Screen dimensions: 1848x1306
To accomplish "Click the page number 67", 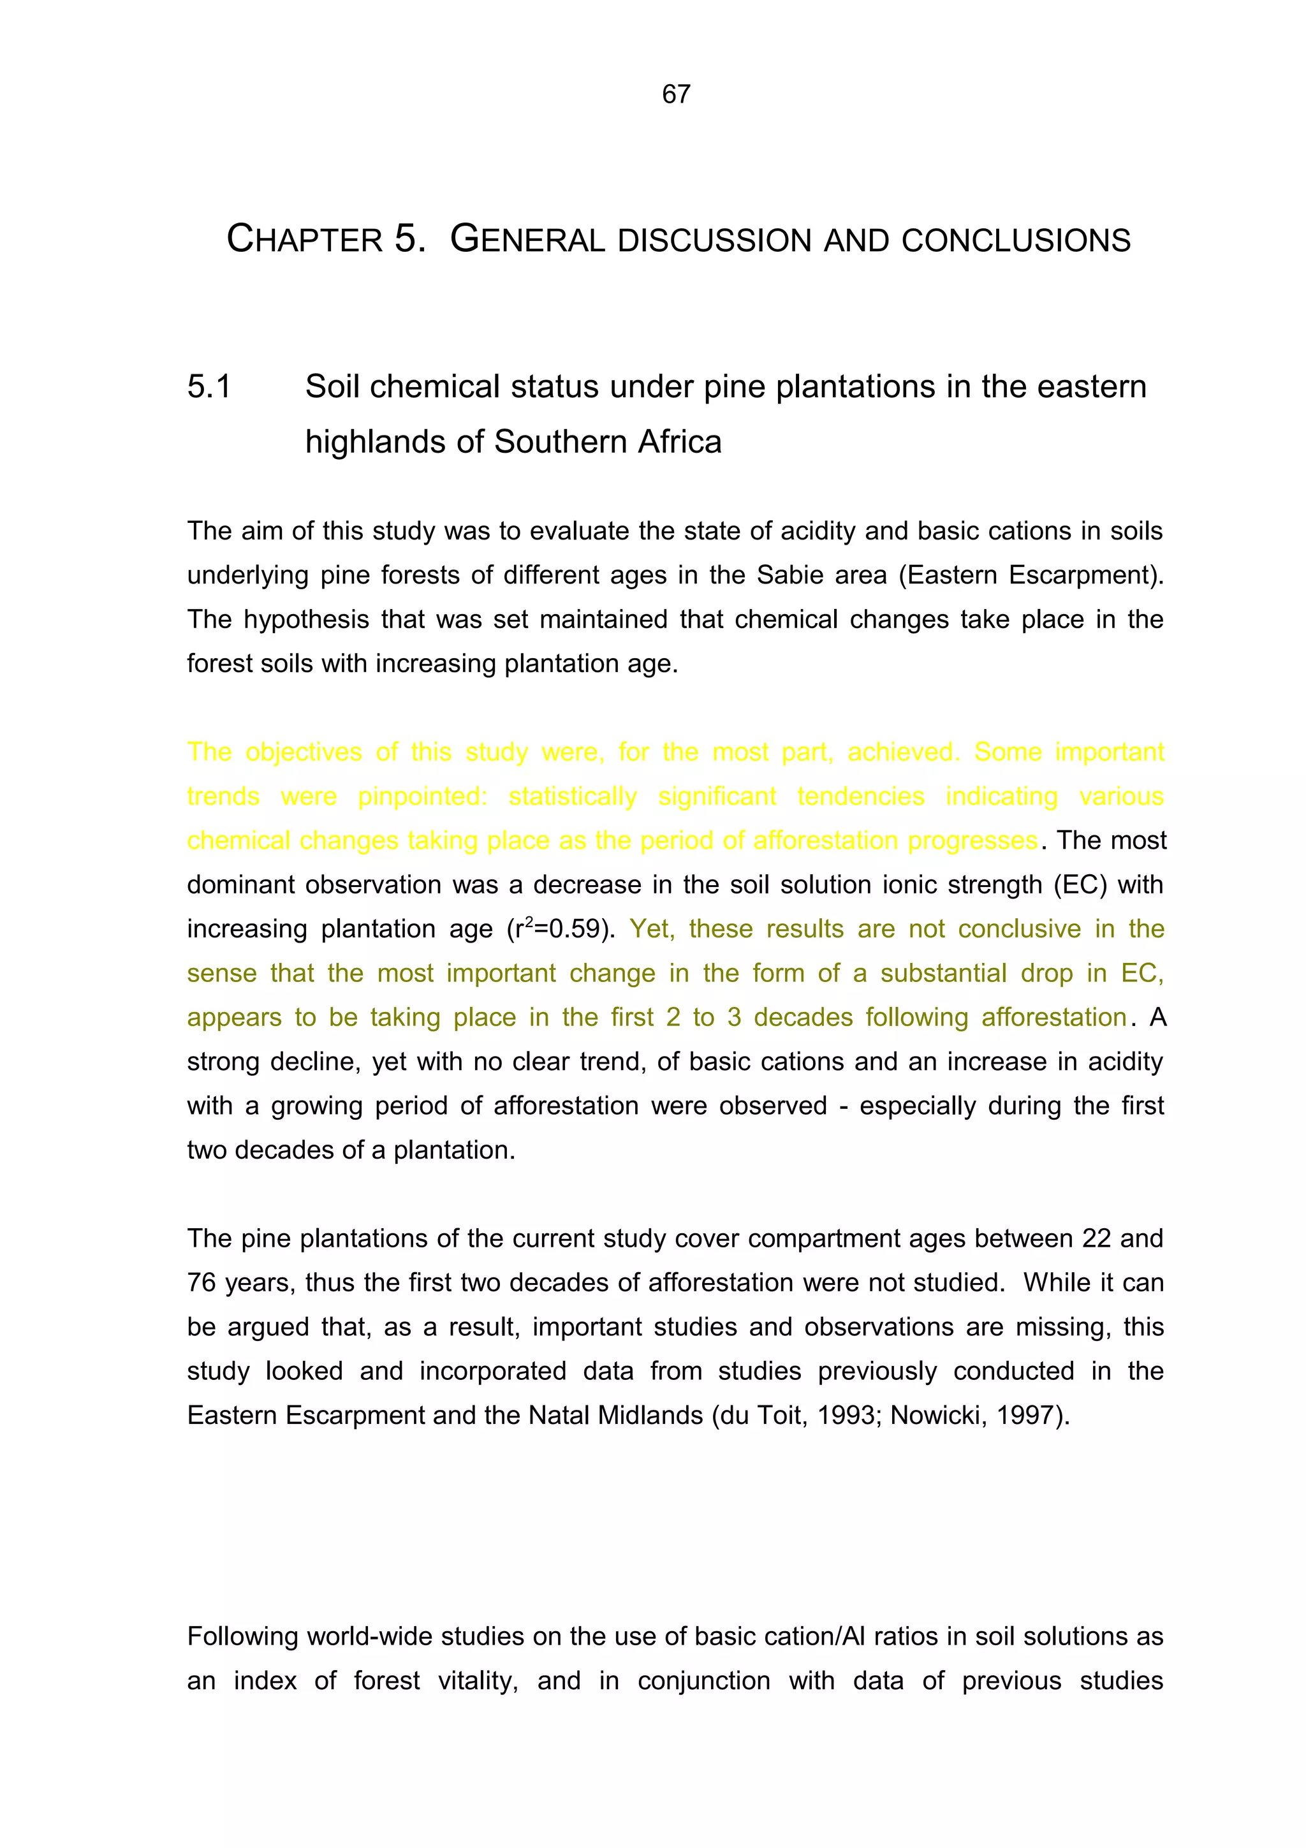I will coord(676,94).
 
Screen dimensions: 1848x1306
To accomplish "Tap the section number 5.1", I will coord(209,387).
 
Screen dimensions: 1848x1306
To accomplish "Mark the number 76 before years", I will coord(203,1283).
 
